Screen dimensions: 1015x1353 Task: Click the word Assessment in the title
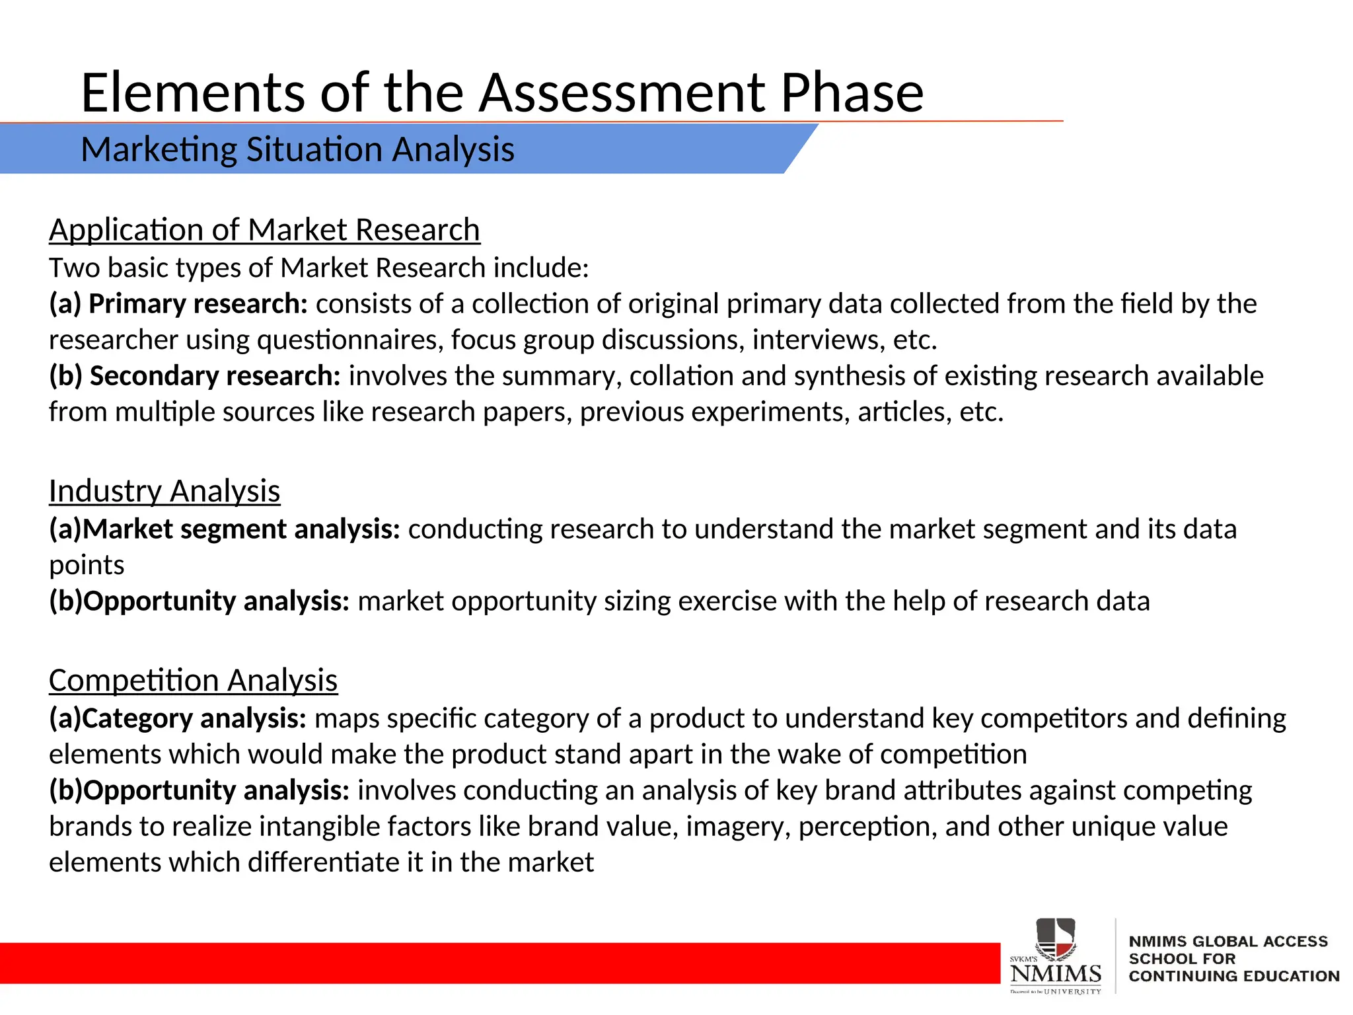[621, 93]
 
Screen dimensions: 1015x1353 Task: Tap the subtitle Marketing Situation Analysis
[297, 149]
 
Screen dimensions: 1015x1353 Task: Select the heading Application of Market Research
[264, 230]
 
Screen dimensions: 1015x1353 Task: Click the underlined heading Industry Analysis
[165, 491]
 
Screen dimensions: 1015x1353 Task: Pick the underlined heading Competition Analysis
[193, 681]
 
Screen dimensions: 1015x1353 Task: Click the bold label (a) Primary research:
[178, 304]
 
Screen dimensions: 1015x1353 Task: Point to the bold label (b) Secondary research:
[195, 376]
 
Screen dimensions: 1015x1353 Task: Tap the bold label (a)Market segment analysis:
[225, 529]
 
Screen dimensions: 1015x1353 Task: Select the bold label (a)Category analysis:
[178, 718]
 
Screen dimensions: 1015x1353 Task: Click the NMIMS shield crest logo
[1055, 939]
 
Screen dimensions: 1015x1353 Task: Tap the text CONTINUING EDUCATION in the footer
[1233, 976]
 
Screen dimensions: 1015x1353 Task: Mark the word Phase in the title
[852, 93]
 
